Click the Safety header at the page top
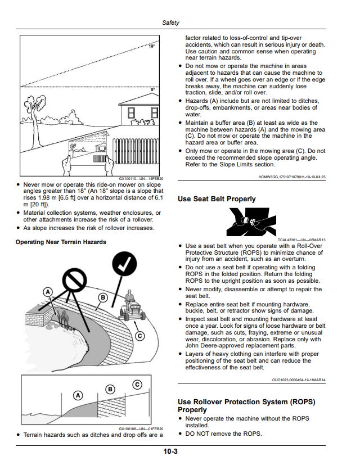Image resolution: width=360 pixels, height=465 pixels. (x=170, y=22)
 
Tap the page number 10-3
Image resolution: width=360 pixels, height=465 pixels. (x=170, y=452)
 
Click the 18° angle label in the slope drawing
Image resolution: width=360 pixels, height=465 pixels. (x=152, y=46)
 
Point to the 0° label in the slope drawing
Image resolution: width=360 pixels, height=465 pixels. (x=153, y=89)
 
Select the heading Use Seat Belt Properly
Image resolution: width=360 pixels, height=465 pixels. (x=217, y=199)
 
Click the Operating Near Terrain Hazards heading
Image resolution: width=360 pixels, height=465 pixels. (x=61, y=242)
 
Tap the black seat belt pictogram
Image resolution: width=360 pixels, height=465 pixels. (x=251, y=222)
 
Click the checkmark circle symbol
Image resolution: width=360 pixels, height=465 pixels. (x=124, y=264)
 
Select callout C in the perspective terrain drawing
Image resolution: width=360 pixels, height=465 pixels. (x=140, y=336)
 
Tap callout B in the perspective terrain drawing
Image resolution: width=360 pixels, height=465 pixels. (x=103, y=298)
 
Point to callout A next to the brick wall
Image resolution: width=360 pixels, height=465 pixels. (x=48, y=292)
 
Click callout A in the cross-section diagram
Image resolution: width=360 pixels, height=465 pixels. (x=78, y=395)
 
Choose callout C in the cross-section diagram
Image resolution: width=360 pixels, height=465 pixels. (x=137, y=385)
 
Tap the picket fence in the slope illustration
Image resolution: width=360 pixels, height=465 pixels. (x=136, y=151)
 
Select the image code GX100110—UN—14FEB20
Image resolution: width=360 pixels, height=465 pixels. (x=141, y=179)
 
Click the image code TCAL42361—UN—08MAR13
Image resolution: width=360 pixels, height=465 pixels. (x=301, y=240)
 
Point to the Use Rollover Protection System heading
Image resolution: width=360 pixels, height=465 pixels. (x=246, y=406)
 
